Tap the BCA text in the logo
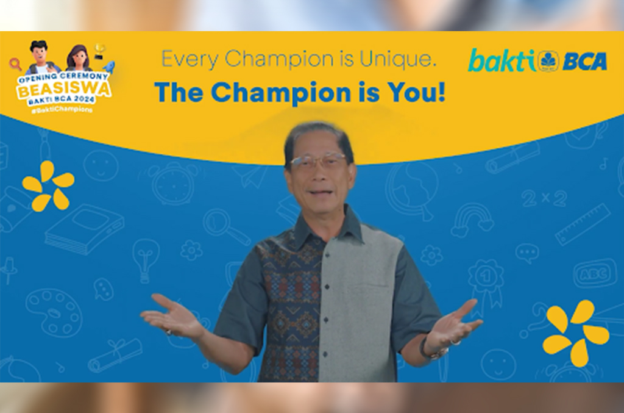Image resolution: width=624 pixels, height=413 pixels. pyautogui.click(x=584, y=62)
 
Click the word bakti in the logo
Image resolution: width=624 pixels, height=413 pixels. pyautogui.click(x=502, y=60)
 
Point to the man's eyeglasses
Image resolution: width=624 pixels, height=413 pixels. pyautogui.click(x=317, y=161)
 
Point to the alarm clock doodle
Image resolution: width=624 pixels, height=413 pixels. pyautogui.click(x=173, y=182)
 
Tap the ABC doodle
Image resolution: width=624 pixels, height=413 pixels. pyautogui.click(x=595, y=273)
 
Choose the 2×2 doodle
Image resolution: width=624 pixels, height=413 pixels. pyautogui.click(x=545, y=198)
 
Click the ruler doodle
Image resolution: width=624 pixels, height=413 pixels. pyautogui.click(x=583, y=224)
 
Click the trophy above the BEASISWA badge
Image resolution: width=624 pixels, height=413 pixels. pyautogui.click(x=99, y=51)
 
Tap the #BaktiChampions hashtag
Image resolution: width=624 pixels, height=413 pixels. pyautogui.click(x=62, y=109)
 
